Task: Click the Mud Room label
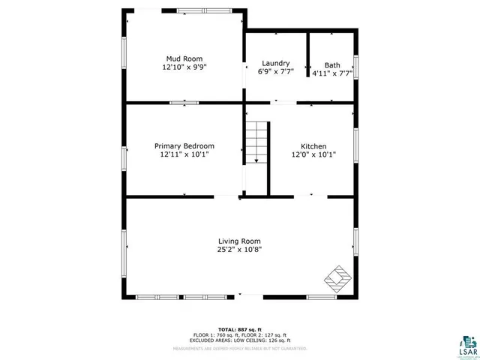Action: click(x=184, y=58)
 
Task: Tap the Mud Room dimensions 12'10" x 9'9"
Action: click(x=184, y=67)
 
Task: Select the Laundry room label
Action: click(x=275, y=63)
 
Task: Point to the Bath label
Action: click(x=331, y=64)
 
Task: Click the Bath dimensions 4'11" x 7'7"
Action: click(x=332, y=73)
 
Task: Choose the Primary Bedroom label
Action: click(x=184, y=146)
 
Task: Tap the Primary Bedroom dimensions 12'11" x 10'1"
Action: click(x=184, y=154)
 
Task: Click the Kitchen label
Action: click(x=313, y=146)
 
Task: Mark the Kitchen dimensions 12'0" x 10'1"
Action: click(x=313, y=154)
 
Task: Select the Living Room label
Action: click(x=240, y=241)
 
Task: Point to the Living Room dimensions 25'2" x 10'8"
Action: click(x=240, y=249)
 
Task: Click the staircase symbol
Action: click(x=257, y=142)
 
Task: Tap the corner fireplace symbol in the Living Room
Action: click(x=338, y=278)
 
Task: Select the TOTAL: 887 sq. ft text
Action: click(x=240, y=329)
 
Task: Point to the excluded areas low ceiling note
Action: click(x=240, y=341)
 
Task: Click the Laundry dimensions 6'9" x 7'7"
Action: click(x=275, y=72)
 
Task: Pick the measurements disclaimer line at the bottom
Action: click(x=240, y=349)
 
